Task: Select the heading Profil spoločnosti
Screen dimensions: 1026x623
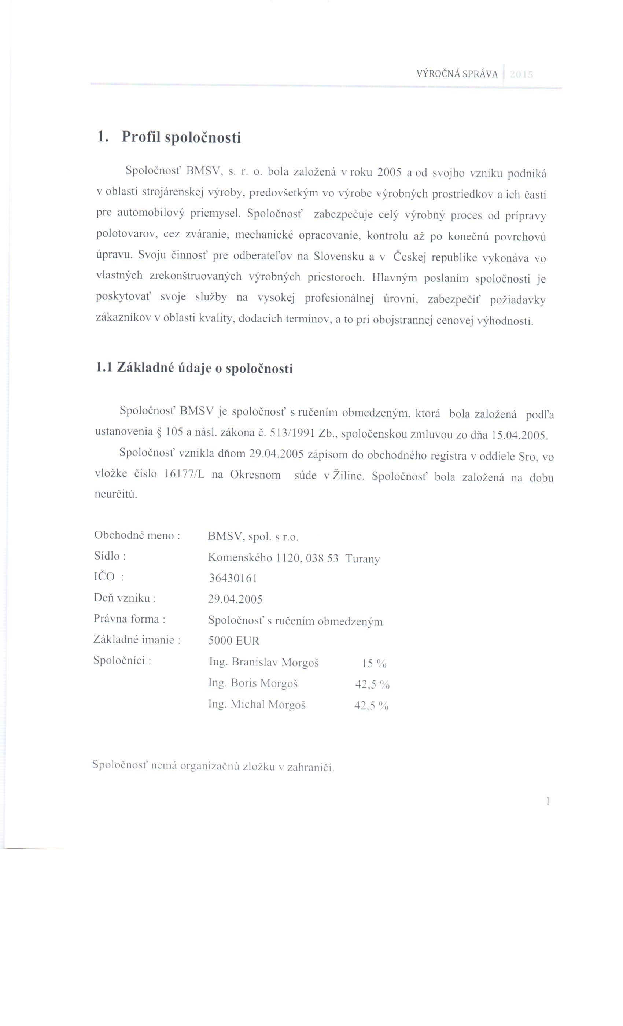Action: tap(181, 137)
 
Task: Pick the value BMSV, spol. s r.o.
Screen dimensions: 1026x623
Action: tap(253, 537)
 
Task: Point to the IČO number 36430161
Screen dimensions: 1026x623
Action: tap(232, 578)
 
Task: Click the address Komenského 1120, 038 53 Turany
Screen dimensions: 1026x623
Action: tap(294, 558)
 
